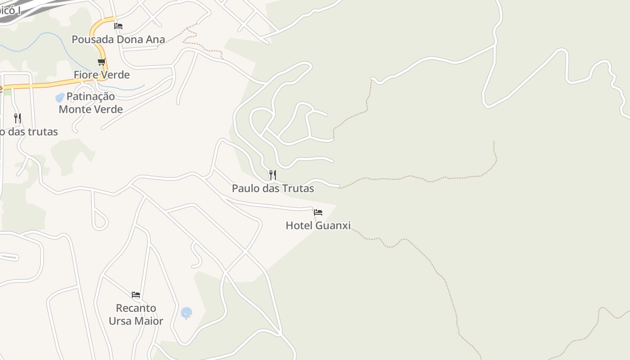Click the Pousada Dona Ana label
(x=118, y=39)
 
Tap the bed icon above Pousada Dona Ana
(x=118, y=26)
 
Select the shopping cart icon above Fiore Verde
(x=102, y=62)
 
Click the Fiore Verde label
(x=102, y=75)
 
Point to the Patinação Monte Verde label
(x=91, y=103)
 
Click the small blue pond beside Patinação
(x=60, y=98)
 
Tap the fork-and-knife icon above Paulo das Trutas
(x=273, y=175)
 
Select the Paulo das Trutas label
(x=273, y=188)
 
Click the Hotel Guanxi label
(x=318, y=225)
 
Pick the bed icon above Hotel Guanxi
(x=318, y=212)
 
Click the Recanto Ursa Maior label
(x=136, y=315)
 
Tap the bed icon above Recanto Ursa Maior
(x=136, y=295)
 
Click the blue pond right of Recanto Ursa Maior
(x=186, y=312)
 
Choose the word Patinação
(x=91, y=96)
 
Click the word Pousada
(x=93, y=39)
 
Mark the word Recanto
(x=136, y=308)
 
